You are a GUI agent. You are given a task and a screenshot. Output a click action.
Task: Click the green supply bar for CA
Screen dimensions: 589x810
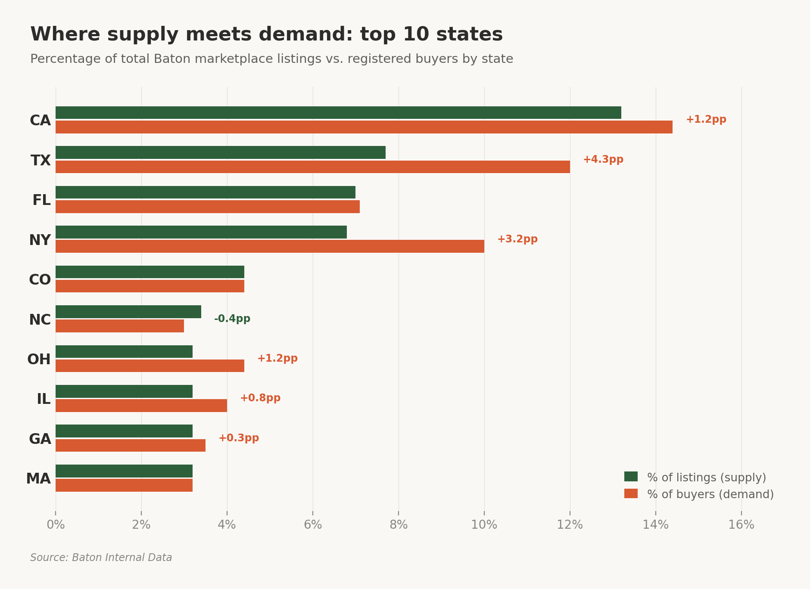[338, 113]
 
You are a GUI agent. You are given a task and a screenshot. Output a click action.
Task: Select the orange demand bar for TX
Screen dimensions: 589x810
[312, 167]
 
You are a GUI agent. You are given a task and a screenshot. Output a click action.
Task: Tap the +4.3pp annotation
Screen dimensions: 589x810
[603, 160]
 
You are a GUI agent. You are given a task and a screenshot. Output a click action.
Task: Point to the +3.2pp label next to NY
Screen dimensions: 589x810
[517, 239]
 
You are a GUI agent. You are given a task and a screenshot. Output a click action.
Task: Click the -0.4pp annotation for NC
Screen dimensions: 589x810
[232, 319]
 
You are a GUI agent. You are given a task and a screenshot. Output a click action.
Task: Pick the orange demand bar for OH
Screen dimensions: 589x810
[150, 366]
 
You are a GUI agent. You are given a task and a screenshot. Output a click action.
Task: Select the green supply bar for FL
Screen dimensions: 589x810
[205, 192]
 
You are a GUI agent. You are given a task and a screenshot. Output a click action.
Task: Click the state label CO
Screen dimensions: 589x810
[40, 280]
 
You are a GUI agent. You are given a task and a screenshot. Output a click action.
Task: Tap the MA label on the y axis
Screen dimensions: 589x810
[38, 479]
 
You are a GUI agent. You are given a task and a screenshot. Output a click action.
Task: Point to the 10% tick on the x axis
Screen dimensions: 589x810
[484, 525]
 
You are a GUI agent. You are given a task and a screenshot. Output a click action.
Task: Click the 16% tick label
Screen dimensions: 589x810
[741, 525]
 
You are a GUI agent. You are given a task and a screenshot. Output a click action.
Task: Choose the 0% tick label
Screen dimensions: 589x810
[56, 525]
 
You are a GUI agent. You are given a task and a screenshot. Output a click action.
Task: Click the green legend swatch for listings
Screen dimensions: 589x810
[631, 477]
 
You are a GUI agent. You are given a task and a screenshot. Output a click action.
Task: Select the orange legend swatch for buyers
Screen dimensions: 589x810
[631, 494]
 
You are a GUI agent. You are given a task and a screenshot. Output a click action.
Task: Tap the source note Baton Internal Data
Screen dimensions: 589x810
[101, 558]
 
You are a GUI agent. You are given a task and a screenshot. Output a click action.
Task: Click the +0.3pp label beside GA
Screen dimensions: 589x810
[238, 438]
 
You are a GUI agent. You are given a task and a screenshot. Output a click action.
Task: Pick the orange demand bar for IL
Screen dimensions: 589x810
[141, 406]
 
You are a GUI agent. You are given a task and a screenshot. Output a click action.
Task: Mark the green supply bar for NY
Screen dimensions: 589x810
[201, 232]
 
